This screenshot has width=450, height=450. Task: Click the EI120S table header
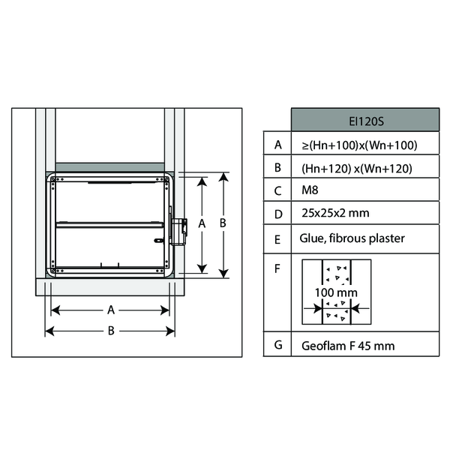[x=365, y=120]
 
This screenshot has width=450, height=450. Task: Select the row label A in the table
[x=277, y=145]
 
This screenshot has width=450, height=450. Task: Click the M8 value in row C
[x=310, y=190]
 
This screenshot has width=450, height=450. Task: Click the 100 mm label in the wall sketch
[x=336, y=292]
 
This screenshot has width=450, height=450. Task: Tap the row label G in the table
[x=278, y=345]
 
